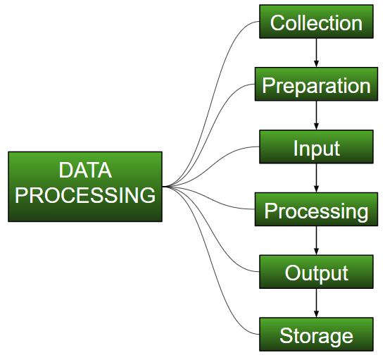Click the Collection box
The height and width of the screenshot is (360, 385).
[316, 23]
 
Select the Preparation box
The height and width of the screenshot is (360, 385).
[316, 85]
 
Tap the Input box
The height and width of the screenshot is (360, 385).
[316, 148]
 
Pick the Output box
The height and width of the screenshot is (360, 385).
[316, 273]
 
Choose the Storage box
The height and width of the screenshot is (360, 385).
[316, 335]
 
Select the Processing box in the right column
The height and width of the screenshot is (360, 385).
[316, 211]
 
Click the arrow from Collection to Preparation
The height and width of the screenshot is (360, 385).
[316, 54]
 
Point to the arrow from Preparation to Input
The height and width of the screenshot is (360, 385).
[316, 116]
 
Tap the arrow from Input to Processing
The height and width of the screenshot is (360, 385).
[316, 179]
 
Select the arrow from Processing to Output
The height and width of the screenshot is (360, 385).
[316, 242]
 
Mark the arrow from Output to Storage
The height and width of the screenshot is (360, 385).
[316, 304]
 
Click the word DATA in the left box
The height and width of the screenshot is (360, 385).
[85, 171]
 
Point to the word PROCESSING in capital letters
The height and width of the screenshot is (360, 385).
[85, 196]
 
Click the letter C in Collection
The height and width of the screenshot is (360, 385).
[277, 23]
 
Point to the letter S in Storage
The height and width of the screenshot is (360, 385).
[285, 335]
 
